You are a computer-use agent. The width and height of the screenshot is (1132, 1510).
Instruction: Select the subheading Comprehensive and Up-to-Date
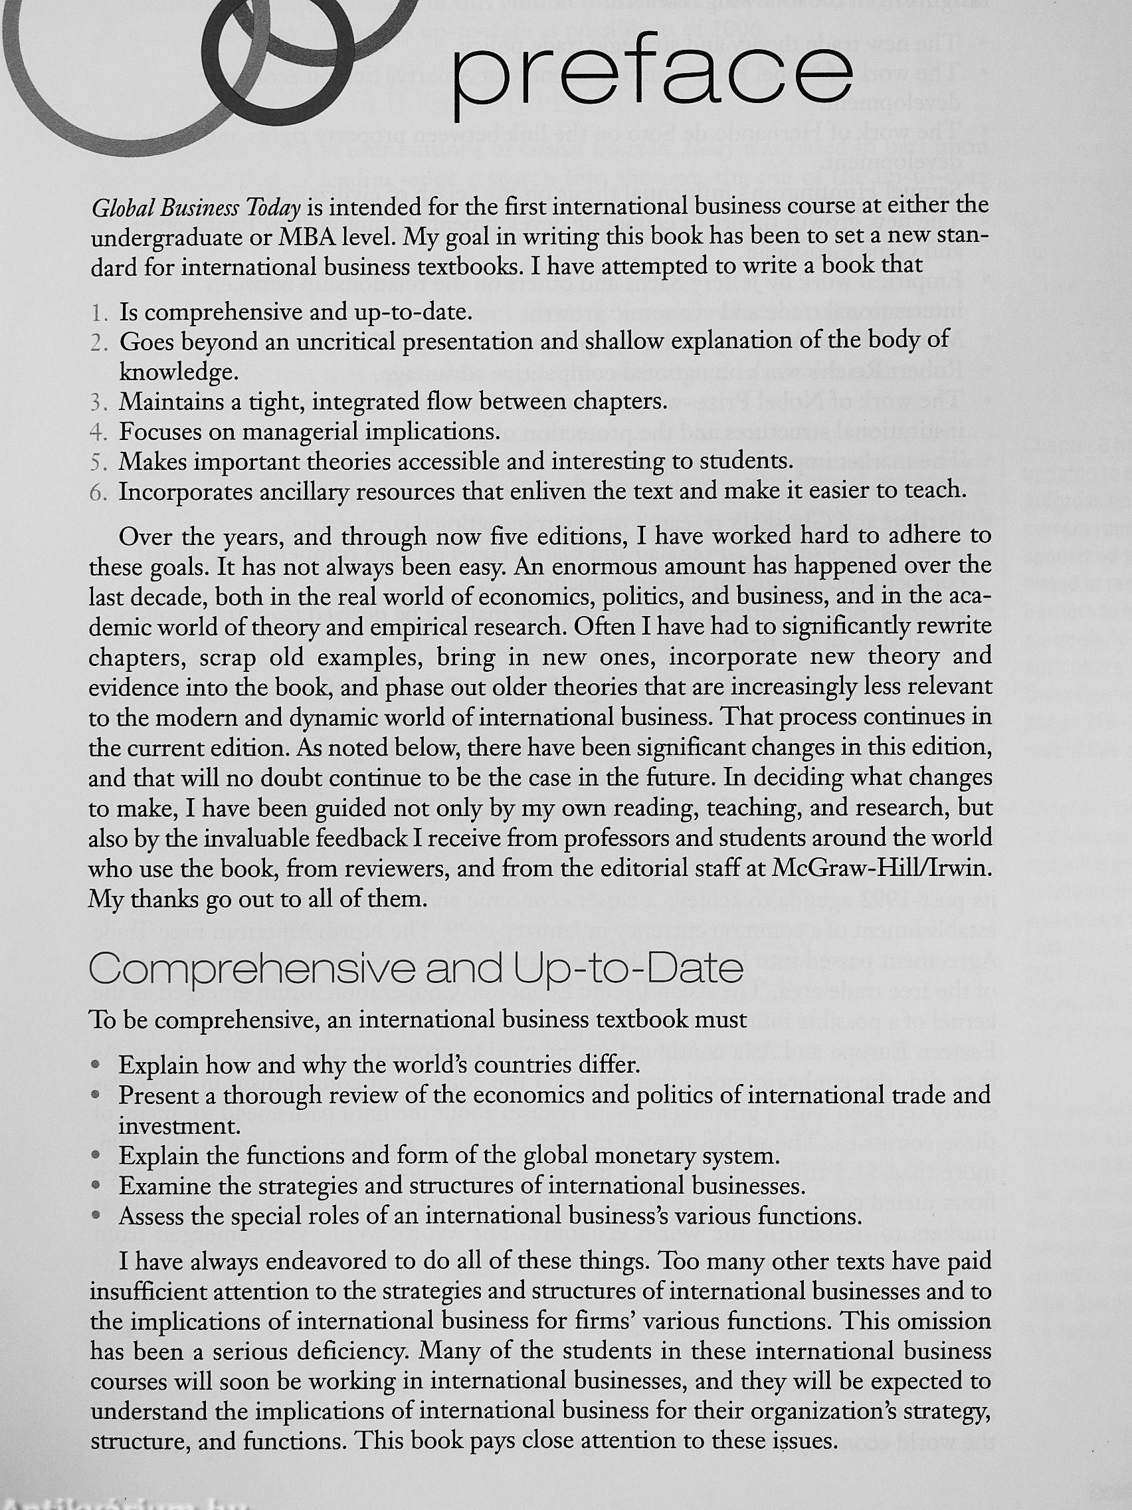point(417,968)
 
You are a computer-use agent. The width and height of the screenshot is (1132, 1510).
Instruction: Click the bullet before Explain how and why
point(98,1065)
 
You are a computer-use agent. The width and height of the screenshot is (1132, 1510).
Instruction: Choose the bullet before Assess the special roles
point(98,1216)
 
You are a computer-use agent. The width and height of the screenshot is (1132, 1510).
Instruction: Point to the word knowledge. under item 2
point(179,373)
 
